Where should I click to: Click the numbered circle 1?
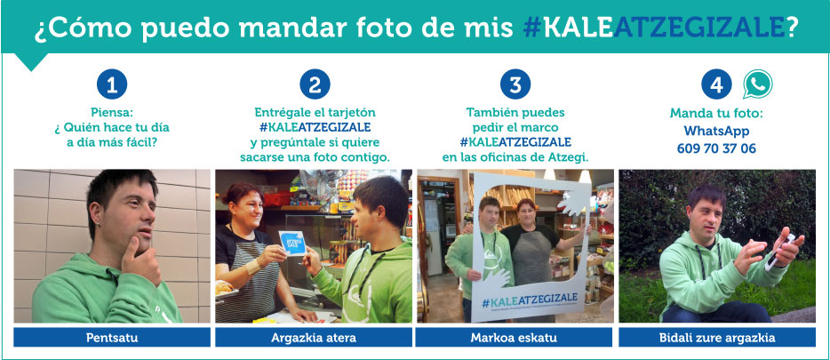(x=112, y=84)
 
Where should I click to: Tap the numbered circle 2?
(x=315, y=84)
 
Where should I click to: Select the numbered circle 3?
(x=515, y=84)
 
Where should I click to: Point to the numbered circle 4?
(x=716, y=84)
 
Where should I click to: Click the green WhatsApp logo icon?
(x=757, y=84)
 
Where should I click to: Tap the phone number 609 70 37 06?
(x=716, y=148)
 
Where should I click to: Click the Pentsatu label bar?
(x=112, y=337)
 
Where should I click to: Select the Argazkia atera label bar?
(x=314, y=337)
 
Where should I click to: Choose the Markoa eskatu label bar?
(x=514, y=337)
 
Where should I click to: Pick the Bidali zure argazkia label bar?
(x=717, y=337)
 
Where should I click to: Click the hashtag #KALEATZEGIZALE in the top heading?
(x=653, y=28)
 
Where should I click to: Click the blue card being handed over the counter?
(x=292, y=243)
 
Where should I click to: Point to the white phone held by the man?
(x=779, y=252)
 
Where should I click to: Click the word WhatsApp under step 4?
(x=716, y=132)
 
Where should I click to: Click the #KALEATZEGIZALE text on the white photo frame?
(x=530, y=301)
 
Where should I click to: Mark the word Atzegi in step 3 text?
(x=570, y=157)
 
